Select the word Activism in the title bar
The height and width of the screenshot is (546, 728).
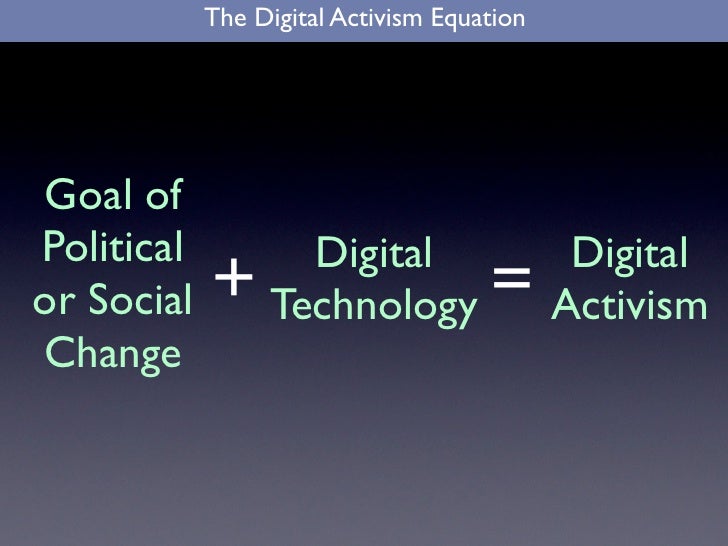click(x=370, y=17)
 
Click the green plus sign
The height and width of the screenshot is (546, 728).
click(x=233, y=277)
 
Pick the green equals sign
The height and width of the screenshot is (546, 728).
click(x=512, y=277)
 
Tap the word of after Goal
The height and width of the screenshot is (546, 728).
click(x=162, y=194)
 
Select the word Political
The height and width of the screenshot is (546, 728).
click(x=111, y=247)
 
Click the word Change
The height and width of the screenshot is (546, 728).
click(x=112, y=353)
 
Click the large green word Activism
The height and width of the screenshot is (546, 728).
click(x=629, y=305)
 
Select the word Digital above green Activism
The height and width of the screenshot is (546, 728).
click(x=629, y=254)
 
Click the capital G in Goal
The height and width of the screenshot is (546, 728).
click(x=63, y=194)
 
